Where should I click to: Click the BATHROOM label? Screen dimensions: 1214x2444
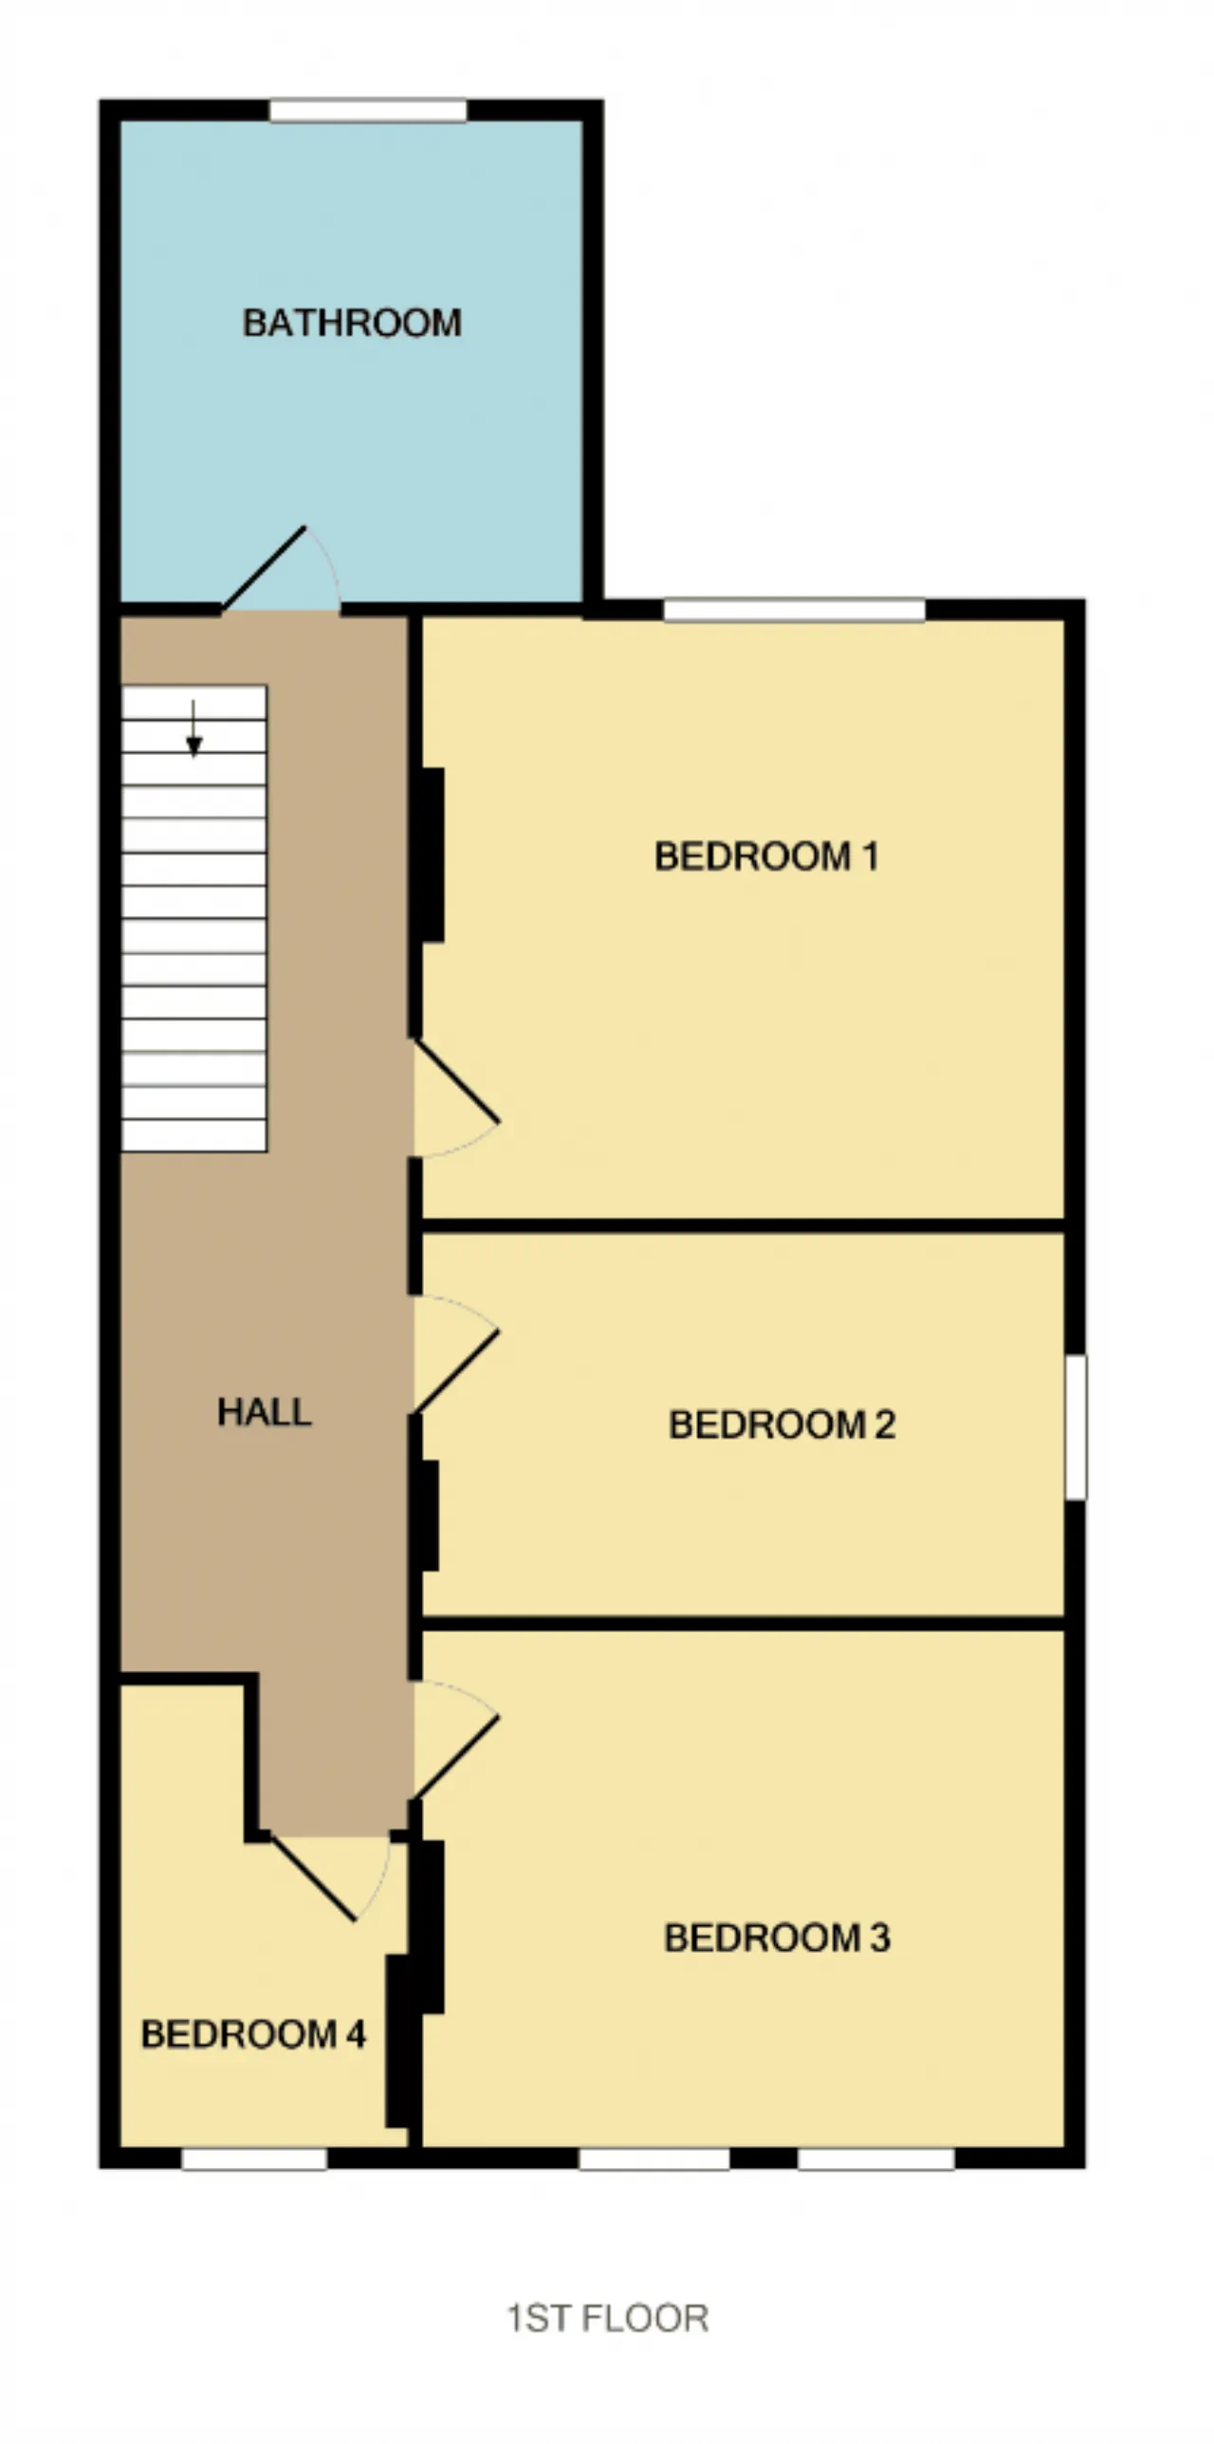(352, 323)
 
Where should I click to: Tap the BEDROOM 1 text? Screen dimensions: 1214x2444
(766, 856)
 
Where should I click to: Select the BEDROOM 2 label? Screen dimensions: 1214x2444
(782, 1424)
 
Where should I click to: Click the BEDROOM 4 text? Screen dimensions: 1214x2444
(253, 2034)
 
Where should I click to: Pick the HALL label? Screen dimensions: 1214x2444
(265, 1412)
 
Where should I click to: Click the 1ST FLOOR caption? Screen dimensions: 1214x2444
(608, 2319)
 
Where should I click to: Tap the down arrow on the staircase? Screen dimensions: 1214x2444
(193, 728)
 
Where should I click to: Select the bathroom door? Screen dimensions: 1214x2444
(280, 569)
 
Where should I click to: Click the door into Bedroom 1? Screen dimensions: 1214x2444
(456, 1097)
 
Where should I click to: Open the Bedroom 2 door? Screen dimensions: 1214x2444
(456, 1355)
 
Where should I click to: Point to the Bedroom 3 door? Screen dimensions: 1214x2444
(456, 1740)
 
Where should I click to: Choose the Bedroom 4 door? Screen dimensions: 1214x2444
(330, 1878)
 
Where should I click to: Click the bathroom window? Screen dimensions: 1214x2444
(368, 111)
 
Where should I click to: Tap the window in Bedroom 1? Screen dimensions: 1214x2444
(794, 609)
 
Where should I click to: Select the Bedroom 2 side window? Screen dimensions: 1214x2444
(1076, 1427)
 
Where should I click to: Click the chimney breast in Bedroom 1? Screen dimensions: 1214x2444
(432, 854)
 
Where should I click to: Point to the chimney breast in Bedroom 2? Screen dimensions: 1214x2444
(430, 1516)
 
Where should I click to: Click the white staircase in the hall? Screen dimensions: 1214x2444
(194, 918)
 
